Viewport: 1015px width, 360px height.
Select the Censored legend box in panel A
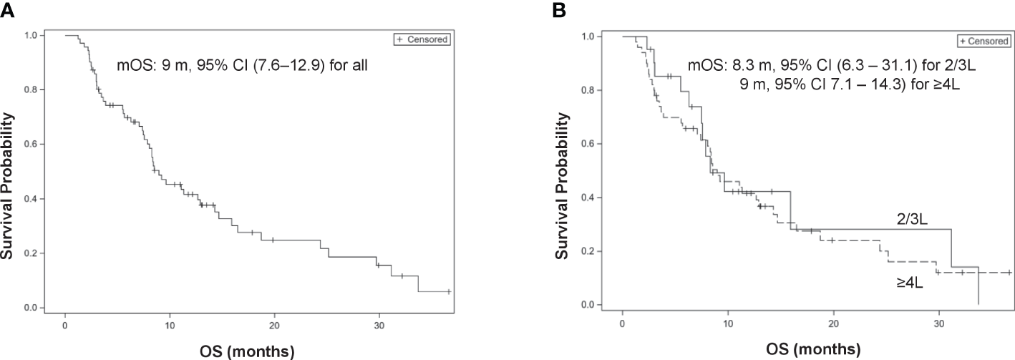coord(422,40)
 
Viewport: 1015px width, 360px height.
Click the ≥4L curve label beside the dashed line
coord(909,283)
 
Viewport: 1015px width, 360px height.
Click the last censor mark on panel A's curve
coord(449,291)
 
